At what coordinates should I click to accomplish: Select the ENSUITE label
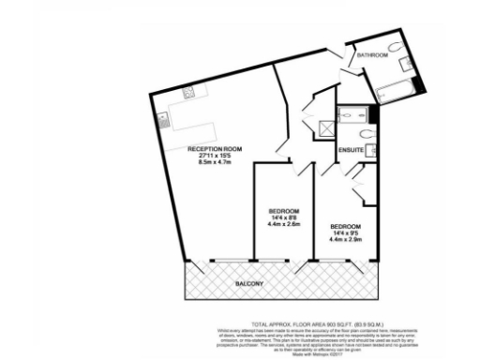coord(350,149)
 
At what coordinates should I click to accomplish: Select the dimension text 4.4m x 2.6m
coord(282,224)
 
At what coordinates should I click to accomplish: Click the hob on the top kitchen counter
coord(187,92)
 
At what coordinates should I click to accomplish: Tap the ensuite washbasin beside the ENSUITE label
coord(372,151)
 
